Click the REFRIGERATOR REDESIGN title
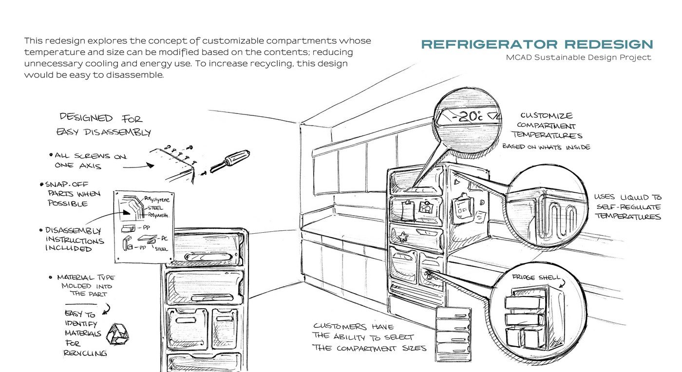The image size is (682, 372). click(x=537, y=44)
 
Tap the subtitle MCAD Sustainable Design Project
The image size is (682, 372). click(x=579, y=57)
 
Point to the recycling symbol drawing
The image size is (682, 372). click(x=117, y=334)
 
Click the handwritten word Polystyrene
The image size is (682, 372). click(x=156, y=199)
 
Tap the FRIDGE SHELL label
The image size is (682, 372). click(x=536, y=278)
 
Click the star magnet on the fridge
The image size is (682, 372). click(x=403, y=237)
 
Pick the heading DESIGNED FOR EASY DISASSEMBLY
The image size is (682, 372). click(x=103, y=125)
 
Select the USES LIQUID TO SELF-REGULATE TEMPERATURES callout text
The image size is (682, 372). click(x=628, y=207)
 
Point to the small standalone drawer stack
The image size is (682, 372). click(x=454, y=335)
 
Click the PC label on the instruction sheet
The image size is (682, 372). click(x=165, y=239)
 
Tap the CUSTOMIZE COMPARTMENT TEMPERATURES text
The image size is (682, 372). click(x=547, y=126)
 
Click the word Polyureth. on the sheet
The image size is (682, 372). click(x=158, y=215)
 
